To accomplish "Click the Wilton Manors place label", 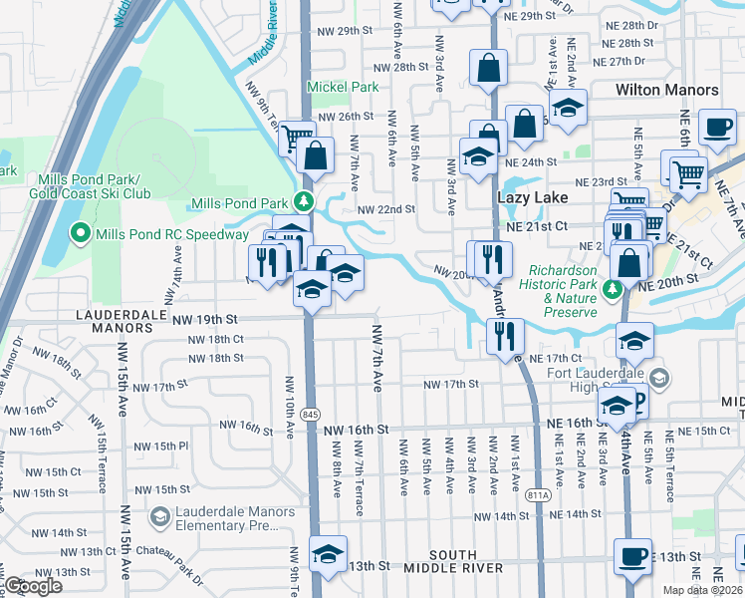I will pyautogui.click(x=666, y=90).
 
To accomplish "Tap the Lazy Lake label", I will pyautogui.click(x=532, y=198).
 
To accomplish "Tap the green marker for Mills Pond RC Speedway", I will pyautogui.click(x=79, y=234).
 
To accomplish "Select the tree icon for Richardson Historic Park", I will pyautogui.click(x=615, y=289).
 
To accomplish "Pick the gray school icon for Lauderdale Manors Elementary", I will pyautogui.click(x=159, y=516).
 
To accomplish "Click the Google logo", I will pyautogui.click(x=33, y=586).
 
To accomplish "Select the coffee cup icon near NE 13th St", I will pyautogui.click(x=631, y=554).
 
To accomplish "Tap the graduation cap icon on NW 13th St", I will pyautogui.click(x=327, y=553).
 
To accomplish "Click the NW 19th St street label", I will pyautogui.click(x=204, y=319).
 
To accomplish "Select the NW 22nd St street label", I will pyautogui.click(x=385, y=209).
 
